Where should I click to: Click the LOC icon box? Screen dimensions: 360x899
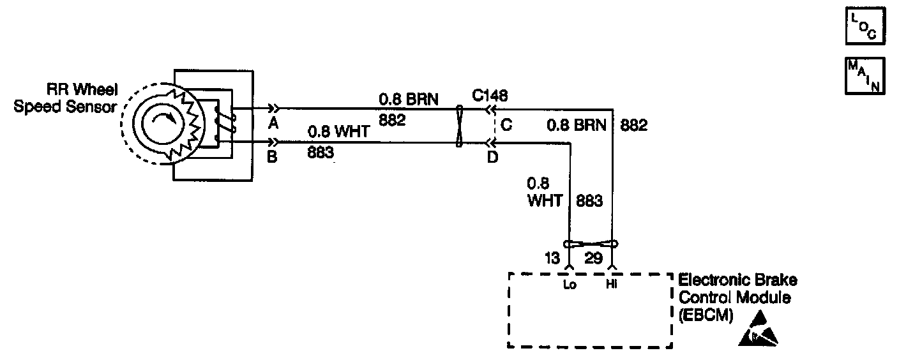click(x=865, y=27)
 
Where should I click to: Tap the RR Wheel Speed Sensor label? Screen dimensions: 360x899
click(x=66, y=99)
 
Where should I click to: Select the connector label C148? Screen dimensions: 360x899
click(x=490, y=96)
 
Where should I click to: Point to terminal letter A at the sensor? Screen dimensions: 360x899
click(x=273, y=124)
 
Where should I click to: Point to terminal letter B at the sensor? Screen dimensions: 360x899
click(x=272, y=156)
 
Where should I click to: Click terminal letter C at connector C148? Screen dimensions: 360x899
click(x=506, y=126)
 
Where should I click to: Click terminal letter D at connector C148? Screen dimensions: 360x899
click(x=492, y=156)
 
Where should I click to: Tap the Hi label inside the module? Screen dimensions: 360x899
click(x=612, y=285)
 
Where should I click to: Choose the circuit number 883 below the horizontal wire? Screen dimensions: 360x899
click(x=321, y=153)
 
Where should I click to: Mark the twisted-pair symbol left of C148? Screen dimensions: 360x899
click(x=458, y=126)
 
